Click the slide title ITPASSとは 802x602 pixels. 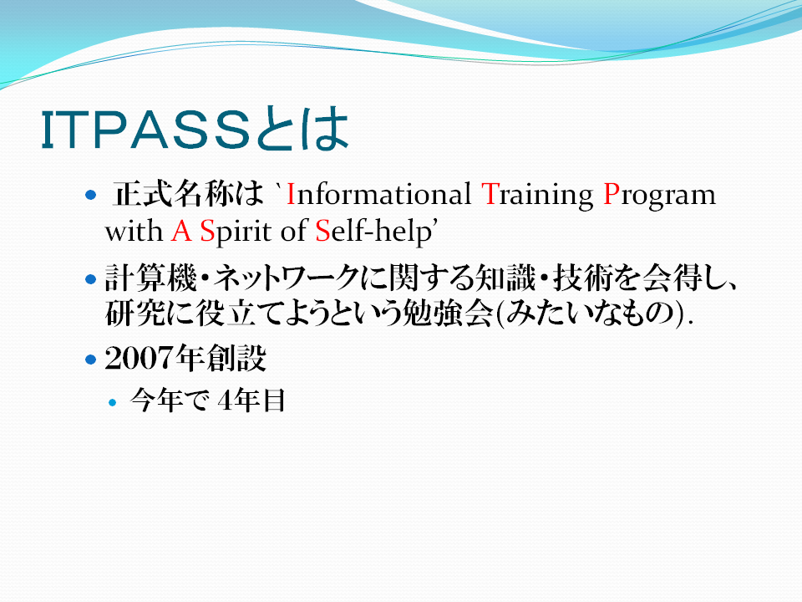[195, 129]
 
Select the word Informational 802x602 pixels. [378, 195]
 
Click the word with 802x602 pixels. [134, 231]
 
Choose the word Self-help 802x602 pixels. [373, 232]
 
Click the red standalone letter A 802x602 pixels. [181, 231]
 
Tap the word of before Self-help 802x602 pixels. [293, 231]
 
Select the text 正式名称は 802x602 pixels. [188, 194]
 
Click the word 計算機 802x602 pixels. [150, 278]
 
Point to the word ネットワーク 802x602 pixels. [287, 278]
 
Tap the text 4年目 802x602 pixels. [251, 400]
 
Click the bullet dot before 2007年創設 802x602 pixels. [91, 360]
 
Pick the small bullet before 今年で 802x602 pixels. [113, 402]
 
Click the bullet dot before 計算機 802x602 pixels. [91, 279]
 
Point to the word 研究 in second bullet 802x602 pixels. [135, 314]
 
